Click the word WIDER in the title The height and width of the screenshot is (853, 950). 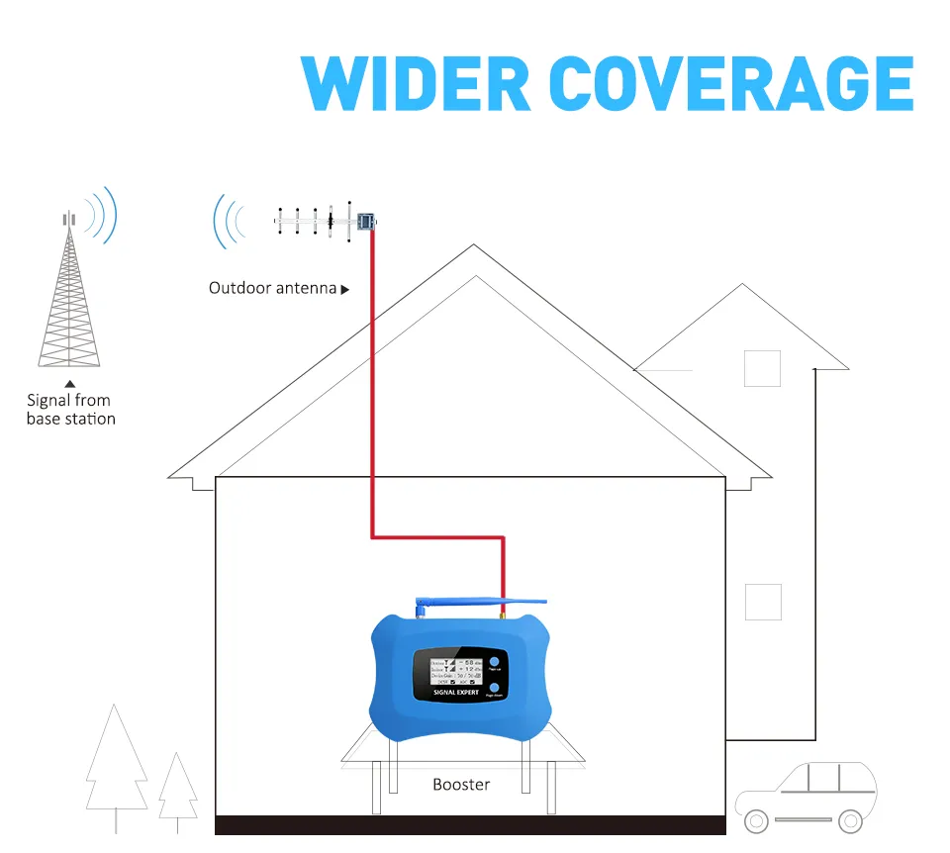coord(418,84)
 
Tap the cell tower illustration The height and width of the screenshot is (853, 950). coord(69,292)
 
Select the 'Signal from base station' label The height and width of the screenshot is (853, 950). coord(70,410)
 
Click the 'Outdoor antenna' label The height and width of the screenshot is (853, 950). coord(272,288)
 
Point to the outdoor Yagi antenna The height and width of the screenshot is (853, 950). coord(317,222)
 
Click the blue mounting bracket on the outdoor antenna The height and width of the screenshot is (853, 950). coord(365,221)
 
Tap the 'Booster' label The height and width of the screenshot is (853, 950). coord(461,785)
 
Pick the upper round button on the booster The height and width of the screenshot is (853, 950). coord(493,662)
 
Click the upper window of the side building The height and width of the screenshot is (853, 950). coord(762,368)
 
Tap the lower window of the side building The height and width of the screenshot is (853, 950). coord(763,602)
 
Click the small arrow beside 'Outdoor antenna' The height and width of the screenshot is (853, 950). coord(345,290)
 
